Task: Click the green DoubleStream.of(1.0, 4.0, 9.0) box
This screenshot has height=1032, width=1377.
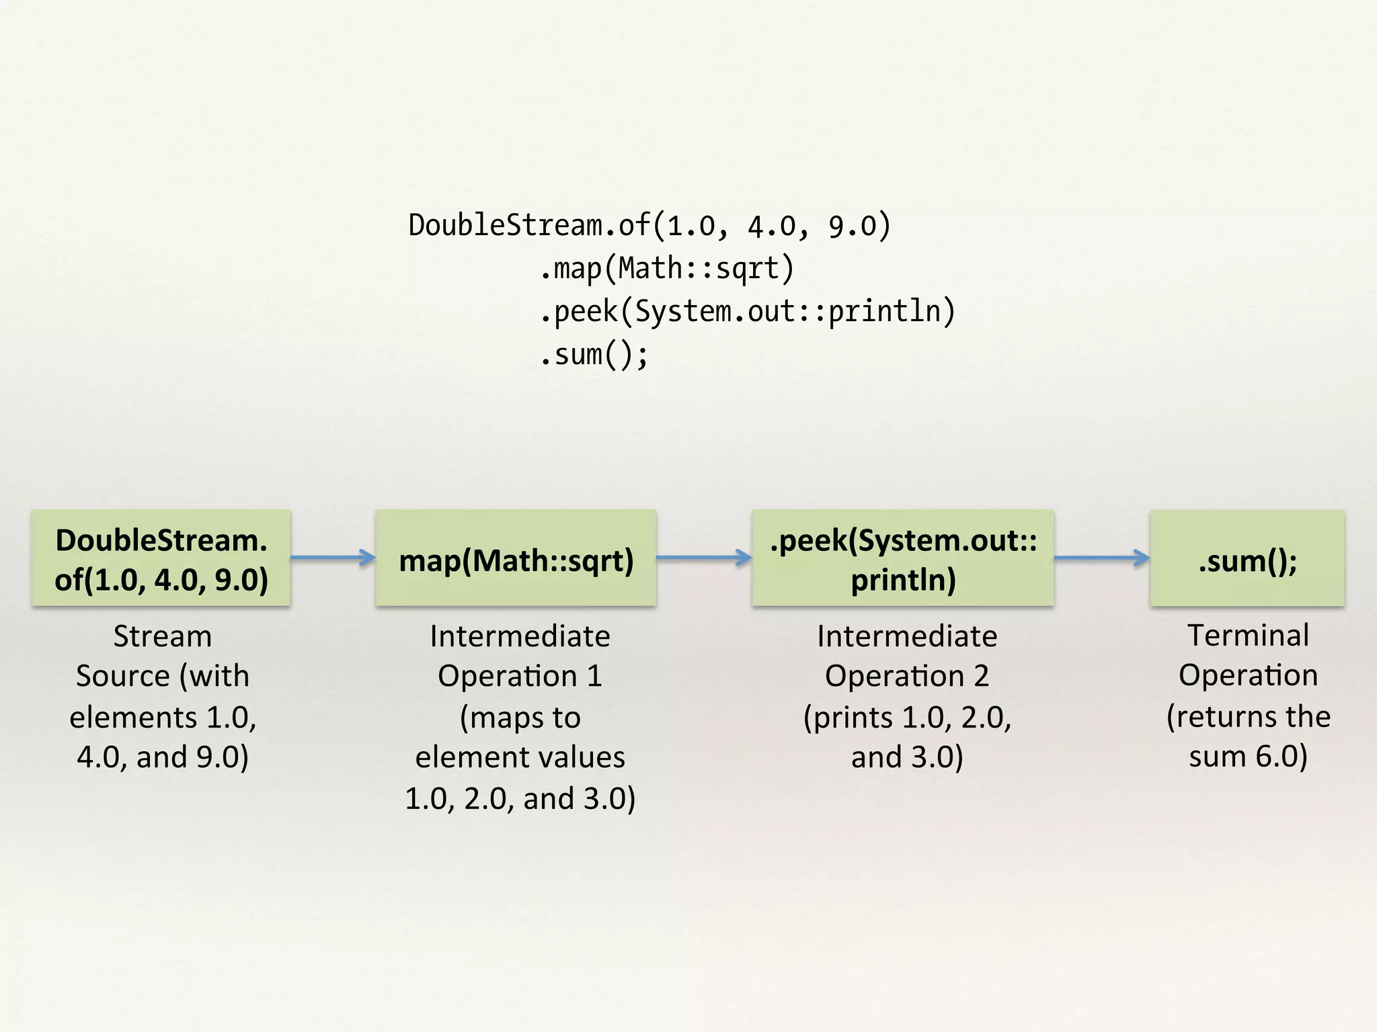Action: [161, 558]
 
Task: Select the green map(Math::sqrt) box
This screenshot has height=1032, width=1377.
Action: [516, 558]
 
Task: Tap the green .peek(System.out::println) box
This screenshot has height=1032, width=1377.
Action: [903, 558]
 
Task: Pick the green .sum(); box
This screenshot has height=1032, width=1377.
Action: [1247, 558]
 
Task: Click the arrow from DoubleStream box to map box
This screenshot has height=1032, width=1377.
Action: [333, 557]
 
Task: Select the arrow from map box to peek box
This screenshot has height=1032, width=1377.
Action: [703, 557]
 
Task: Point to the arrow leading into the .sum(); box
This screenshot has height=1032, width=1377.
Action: [1101, 557]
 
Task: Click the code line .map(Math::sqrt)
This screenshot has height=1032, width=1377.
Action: [666, 268]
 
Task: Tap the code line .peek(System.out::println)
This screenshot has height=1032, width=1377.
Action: [747, 311]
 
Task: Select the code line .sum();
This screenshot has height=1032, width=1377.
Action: [594, 354]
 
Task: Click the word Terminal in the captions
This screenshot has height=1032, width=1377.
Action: [1248, 635]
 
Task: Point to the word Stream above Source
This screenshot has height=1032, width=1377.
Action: [162, 636]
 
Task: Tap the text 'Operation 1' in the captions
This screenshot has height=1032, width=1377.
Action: [520, 676]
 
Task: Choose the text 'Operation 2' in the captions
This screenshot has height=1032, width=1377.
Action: [907, 676]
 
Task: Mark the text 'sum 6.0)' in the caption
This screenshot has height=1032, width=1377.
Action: [1248, 757]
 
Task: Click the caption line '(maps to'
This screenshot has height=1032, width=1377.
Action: [520, 718]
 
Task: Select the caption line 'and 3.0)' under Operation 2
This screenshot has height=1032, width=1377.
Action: [907, 757]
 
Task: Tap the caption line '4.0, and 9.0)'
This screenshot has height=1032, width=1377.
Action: [163, 757]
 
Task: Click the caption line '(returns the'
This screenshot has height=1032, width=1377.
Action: [1248, 716]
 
